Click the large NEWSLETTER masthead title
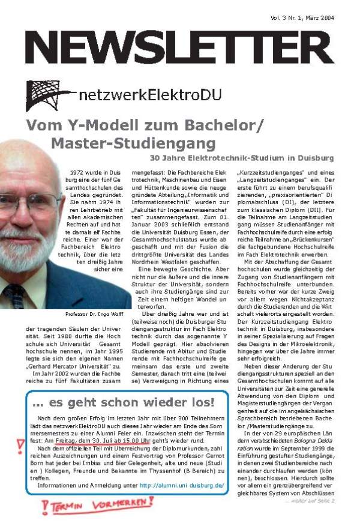[x=179, y=47]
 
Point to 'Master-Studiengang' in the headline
[x=133, y=144]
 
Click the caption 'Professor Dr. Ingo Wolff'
[x=94, y=314]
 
